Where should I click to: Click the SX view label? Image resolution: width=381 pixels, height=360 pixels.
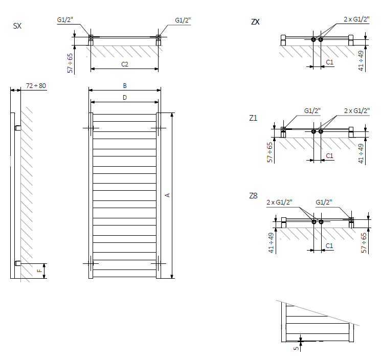(17, 26)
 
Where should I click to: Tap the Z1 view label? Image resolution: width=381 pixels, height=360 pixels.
(253, 118)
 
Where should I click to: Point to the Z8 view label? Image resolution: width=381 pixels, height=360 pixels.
(253, 196)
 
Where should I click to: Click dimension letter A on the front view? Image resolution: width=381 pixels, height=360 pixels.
(167, 195)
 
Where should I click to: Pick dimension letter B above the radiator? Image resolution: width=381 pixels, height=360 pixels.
(124, 85)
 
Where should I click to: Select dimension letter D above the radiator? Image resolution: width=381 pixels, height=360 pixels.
(124, 97)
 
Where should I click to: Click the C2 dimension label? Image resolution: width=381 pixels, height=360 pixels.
(124, 64)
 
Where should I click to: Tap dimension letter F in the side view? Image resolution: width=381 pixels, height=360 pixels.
(38, 271)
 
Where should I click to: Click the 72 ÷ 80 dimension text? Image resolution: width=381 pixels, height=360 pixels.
(36, 86)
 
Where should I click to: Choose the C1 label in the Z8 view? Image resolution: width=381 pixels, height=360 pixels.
(330, 246)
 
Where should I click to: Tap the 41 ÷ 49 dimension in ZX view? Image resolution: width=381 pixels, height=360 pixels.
(362, 60)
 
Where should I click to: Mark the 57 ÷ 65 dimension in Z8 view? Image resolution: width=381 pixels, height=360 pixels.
(364, 243)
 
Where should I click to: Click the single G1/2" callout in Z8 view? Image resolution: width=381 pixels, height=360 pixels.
(324, 202)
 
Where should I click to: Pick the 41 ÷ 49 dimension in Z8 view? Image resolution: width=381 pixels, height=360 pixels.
(272, 242)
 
